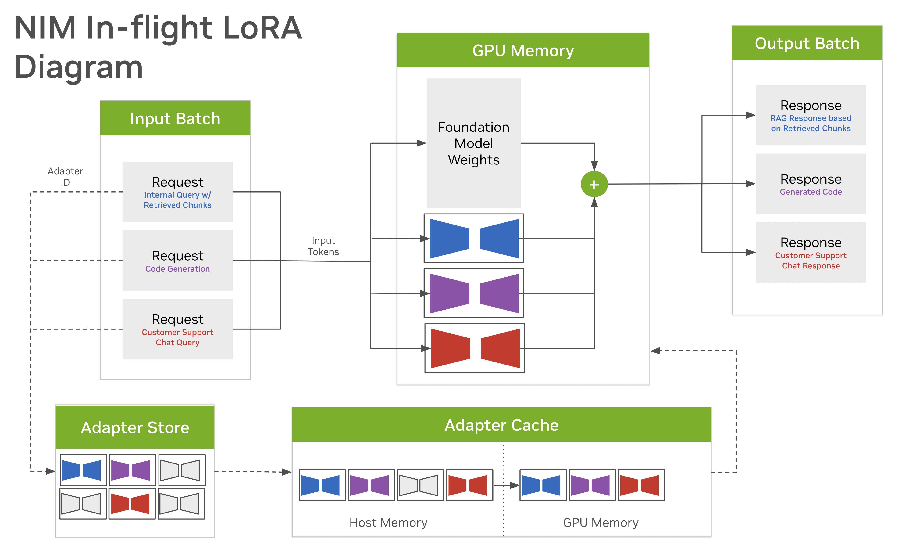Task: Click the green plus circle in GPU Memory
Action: [594, 184]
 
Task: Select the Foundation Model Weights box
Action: [474, 143]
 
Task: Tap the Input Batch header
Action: [175, 118]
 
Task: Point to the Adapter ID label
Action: [66, 176]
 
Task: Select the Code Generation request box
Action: [177, 261]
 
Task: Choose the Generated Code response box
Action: [811, 184]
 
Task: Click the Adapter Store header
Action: [135, 427]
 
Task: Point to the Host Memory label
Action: [388, 523]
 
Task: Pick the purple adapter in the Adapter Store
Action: [132, 470]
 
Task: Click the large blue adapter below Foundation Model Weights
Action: [474, 238]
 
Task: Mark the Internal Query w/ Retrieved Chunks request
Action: [177, 192]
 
